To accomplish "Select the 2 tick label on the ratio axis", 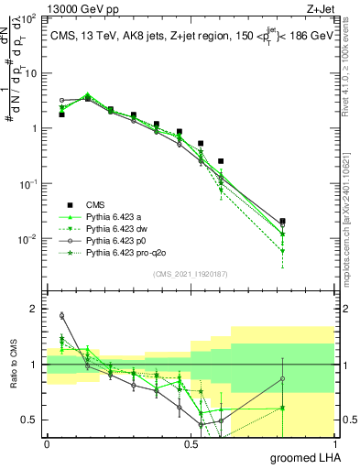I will (x=35, y=310).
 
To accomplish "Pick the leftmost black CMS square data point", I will (x=61, y=115).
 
